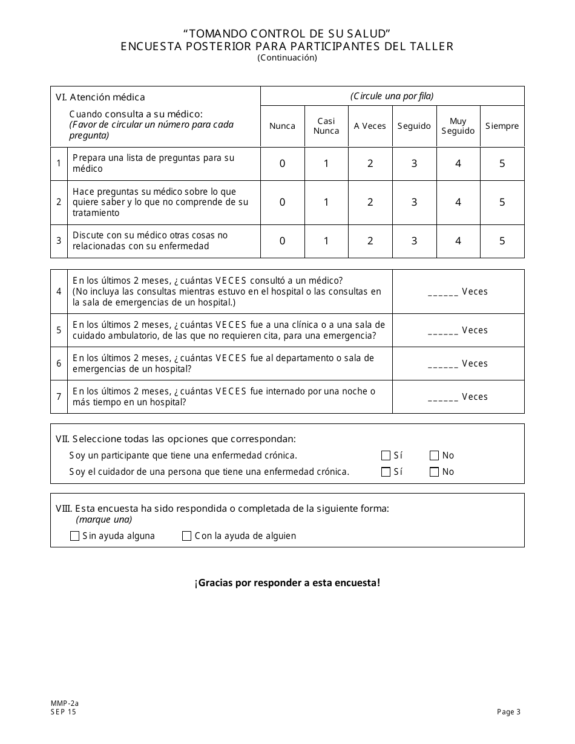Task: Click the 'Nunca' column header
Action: pyautogui.click(x=282, y=126)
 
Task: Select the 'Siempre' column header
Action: pyautogui.click(x=502, y=126)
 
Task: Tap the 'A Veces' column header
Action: pyautogui.click(x=370, y=126)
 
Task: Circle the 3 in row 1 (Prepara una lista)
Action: pyautogui.click(x=414, y=163)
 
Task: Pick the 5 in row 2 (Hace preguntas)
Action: pyautogui.click(x=502, y=203)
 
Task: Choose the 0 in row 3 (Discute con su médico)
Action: pyautogui.click(x=282, y=241)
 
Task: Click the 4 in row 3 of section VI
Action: pyautogui.click(x=458, y=241)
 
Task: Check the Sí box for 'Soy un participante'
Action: pyautogui.click(x=386, y=455)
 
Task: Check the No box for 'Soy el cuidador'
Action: pyautogui.click(x=434, y=472)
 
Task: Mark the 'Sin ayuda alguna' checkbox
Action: pyautogui.click(x=75, y=536)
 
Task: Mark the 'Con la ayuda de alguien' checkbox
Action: pyautogui.click(x=186, y=536)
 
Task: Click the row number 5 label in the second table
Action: pyautogui.click(x=59, y=330)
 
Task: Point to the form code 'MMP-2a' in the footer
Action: pyautogui.click(x=61, y=703)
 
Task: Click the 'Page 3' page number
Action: pyautogui.click(x=508, y=712)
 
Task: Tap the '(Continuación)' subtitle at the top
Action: pyautogui.click(x=287, y=58)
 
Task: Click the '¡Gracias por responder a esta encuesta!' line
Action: pyautogui.click(x=287, y=583)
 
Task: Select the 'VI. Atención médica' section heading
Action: pyautogui.click(x=100, y=97)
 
